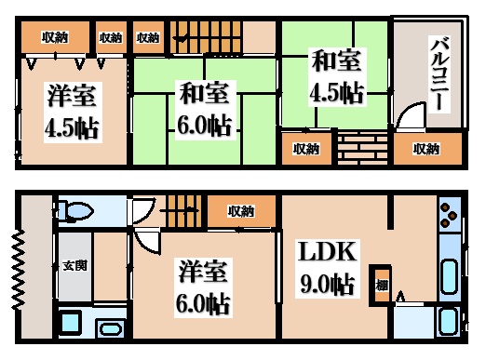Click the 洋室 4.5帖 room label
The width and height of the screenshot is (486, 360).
pos(70,110)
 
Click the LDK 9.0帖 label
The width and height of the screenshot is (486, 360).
pos(325,267)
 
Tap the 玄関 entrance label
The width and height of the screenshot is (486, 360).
pos(74,265)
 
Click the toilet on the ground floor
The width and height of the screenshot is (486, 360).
pos(74,212)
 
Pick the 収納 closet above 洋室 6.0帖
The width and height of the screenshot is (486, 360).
pos(240,211)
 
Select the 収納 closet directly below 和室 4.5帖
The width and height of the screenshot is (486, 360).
pos(306,149)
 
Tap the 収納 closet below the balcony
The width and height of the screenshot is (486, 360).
pos(425,149)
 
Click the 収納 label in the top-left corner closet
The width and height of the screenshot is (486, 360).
pos(55,37)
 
